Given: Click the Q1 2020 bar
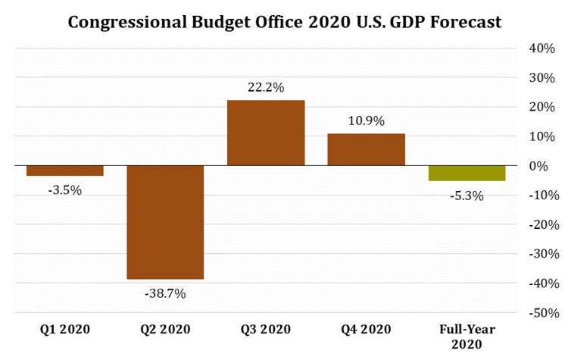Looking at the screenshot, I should (x=64, y=171).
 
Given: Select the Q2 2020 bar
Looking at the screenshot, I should (x=165, y=222).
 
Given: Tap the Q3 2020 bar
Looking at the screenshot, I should (x=266, y=133).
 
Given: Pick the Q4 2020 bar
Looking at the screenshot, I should (x=366, y=149).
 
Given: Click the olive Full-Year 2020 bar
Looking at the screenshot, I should (x=467, y=173).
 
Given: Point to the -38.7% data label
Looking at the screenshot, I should (x=165, y=293).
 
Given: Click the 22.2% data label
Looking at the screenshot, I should (x=266, y=88).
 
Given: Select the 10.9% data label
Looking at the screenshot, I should (x=366, y=121).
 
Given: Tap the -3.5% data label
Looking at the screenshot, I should (x=64, y=189).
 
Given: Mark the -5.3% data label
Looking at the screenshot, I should (x=467, y=196).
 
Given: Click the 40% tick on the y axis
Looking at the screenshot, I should (x=542, y=48).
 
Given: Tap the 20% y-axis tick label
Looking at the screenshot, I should (x=542, y=107).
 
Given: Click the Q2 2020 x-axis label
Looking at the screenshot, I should (x=165, y=329).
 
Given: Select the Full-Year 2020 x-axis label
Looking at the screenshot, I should (x=467, y=336).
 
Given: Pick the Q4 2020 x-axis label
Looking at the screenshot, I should (x=366, y=329).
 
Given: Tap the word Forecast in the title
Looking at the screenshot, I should (x=463, y=22).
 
